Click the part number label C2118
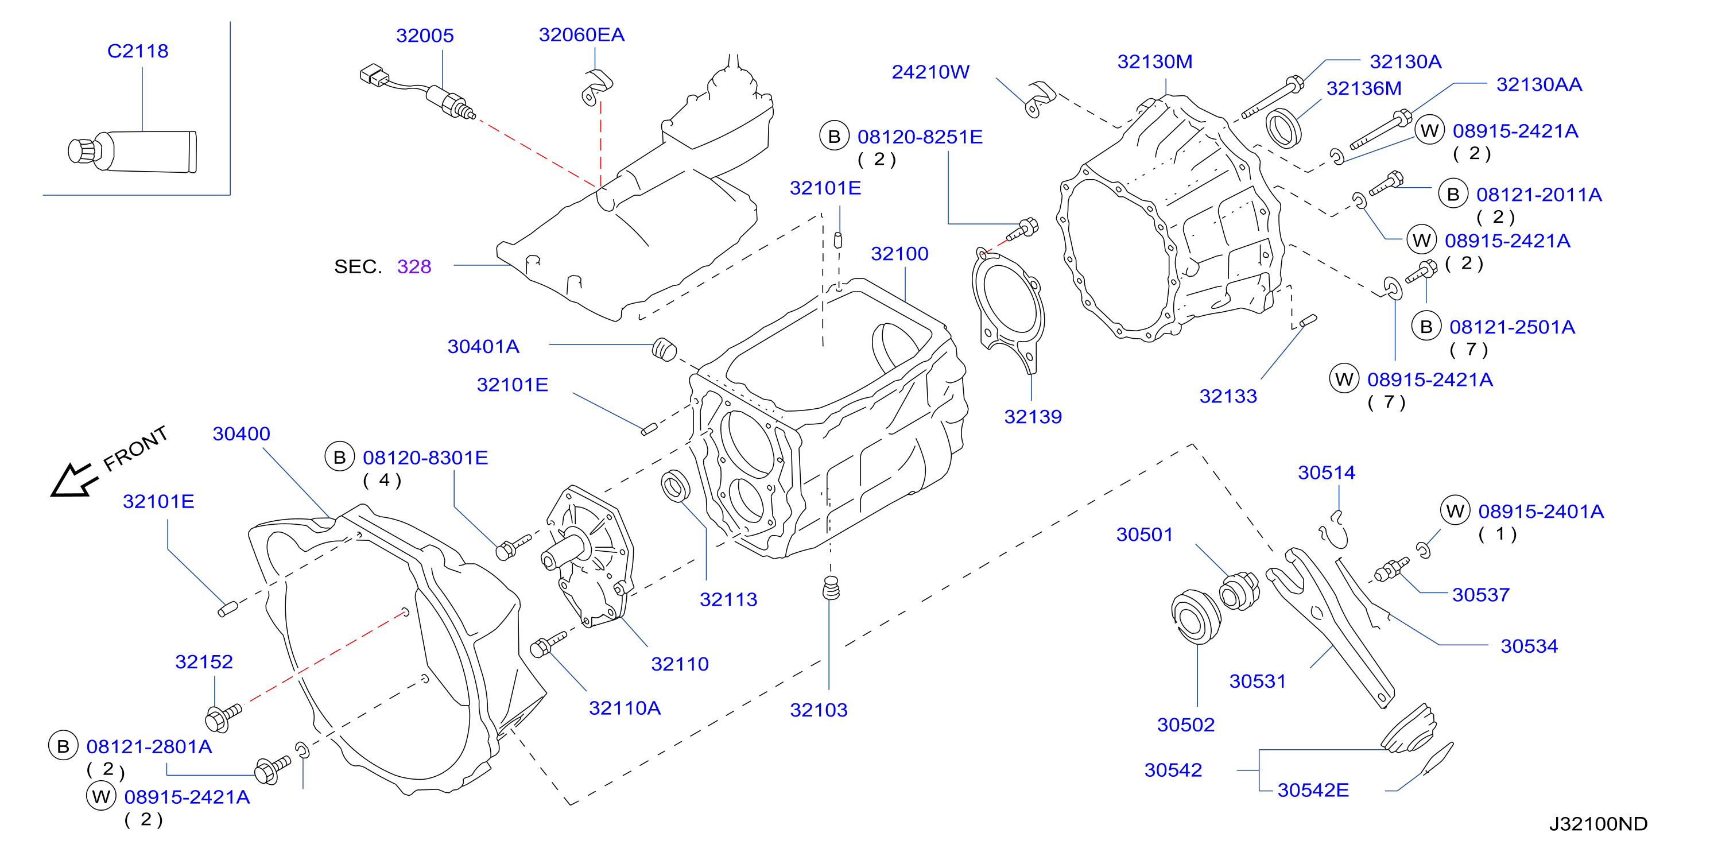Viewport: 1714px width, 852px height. [138, 51]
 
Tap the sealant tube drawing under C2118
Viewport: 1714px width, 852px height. [133, 152]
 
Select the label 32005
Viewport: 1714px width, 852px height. [425, 36]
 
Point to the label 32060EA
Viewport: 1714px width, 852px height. [581, 34]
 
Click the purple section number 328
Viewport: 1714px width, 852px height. [414, 267]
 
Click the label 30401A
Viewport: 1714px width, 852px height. [483, 347]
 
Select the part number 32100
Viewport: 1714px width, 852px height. [899, 254]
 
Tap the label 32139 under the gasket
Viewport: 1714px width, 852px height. [1033, 417]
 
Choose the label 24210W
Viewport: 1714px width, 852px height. [930, 72]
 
